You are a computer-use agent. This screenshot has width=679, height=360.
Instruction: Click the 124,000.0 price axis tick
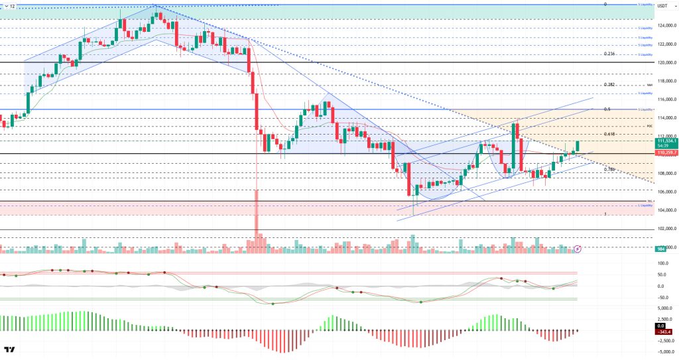(666, 26)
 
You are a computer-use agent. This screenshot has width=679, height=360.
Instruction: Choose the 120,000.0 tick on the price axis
(666, 63)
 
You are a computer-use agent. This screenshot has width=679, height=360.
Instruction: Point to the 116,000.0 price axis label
(666, 99)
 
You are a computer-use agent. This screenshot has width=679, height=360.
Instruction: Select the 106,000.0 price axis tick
(666, 192)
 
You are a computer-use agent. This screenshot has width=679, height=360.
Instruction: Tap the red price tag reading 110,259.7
(665, 153)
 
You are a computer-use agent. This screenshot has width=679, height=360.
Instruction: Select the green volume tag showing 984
(660, 249)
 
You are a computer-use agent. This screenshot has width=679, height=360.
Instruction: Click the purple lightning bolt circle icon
(578, 249)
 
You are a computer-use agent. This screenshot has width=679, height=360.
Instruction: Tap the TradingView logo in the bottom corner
(10, 349)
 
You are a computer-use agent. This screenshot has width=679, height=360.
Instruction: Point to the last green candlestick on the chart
(578, 145)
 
